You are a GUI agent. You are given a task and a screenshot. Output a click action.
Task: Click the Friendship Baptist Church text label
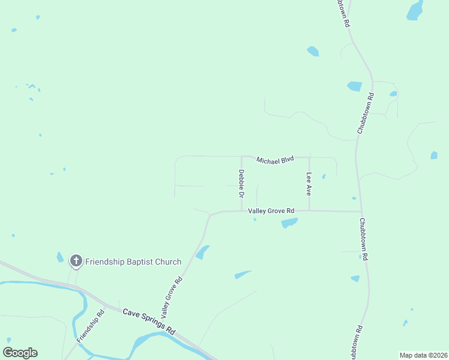pyautogui.click(x=133, y=262)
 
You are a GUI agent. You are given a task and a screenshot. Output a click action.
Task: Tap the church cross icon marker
pyautogui.click(x=76, y=261)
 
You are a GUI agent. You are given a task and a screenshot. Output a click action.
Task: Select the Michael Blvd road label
pyautogui.click(x=275, y=160)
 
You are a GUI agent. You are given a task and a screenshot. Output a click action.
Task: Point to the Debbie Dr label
pyautogui.click(x=241, y=184)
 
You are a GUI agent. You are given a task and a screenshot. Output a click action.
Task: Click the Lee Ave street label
pyautogui.click(x=309, y=184)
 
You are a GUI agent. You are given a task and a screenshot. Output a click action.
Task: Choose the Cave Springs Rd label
pyautogui.click(x=148, y=321)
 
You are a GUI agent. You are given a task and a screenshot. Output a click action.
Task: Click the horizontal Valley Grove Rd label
pyautogui.click(x=271, y=211)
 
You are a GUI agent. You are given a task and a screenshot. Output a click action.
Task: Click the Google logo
pyautogui.click(x=20, y=353)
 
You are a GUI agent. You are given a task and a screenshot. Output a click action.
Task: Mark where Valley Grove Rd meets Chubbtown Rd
pyautogui.click(x=360, y=211)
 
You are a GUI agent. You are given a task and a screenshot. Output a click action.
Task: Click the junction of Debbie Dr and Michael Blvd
pyautogui.click(x=241, y=156)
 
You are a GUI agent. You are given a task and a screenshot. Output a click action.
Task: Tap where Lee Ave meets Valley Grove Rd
pyautogui.click(x=309, y=211)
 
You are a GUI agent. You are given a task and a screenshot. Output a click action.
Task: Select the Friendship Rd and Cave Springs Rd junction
pyautogui.click(x=106, y=307)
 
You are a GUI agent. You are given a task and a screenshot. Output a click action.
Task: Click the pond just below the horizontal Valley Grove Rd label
pyautogui.click(x=289, y=223)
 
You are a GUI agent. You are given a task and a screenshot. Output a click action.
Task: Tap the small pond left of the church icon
pyautogui.click(x=60, y=257)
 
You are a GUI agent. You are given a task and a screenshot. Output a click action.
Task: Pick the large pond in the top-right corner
pyautogui.click(x=415, y=10)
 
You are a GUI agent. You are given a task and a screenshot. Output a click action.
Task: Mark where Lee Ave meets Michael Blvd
pyautogui.click(x=309, y=157)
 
